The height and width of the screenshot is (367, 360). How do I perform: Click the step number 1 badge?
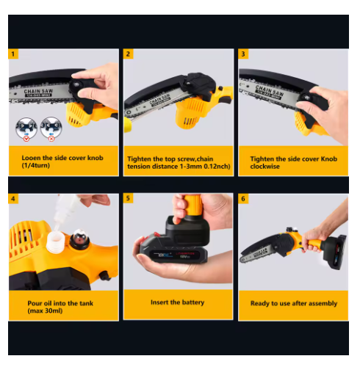click(13, 54)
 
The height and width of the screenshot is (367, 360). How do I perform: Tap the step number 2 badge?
click(128, 54)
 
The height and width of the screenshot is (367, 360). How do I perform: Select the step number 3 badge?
click(243, 54)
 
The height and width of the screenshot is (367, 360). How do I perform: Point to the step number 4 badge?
click(13, 198)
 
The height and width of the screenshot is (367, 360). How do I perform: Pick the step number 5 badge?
click(128, 198)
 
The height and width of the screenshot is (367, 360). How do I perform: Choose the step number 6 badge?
click(243, 198)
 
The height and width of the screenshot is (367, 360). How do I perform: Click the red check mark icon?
click(26, 139)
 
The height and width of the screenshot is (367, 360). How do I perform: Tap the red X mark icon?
click(51, 139)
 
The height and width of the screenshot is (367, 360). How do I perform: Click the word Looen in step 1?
click(32, 158)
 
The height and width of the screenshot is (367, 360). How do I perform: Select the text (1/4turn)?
click(36, 166)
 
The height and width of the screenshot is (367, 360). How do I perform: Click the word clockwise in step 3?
click(264, 167)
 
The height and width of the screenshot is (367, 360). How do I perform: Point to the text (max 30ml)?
click(45, 310)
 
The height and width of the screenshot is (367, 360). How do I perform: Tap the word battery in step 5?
click(193, 302)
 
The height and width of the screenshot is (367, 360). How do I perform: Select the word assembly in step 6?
click(323, 304)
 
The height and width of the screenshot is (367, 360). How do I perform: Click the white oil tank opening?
click(56, 241)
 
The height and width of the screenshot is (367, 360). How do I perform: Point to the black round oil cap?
click(79, 239)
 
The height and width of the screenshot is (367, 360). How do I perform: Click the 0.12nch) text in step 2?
click(217, 167)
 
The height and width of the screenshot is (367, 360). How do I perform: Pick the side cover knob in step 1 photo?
click(76, 85)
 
